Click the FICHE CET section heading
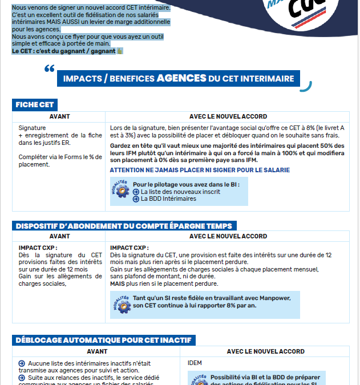coord(35,105)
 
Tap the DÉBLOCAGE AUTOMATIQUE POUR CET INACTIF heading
coord(103,341)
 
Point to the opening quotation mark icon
coord(49,69)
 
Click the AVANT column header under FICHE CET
coord(60,116)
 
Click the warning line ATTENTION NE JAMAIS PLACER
coord(200,170)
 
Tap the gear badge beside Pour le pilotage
coord(121,191)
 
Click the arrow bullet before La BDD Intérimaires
coord(136,199)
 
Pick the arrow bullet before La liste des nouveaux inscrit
coord(136,192)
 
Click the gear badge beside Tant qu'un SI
coord(121,303)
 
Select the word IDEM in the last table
coord(195,363)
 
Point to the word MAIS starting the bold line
coord(117,283)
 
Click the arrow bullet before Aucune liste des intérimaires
coord(22,363)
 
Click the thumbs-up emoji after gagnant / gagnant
coord(120,51)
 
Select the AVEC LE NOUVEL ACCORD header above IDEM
coord(265,351)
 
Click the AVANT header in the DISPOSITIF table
coord(60,236)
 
